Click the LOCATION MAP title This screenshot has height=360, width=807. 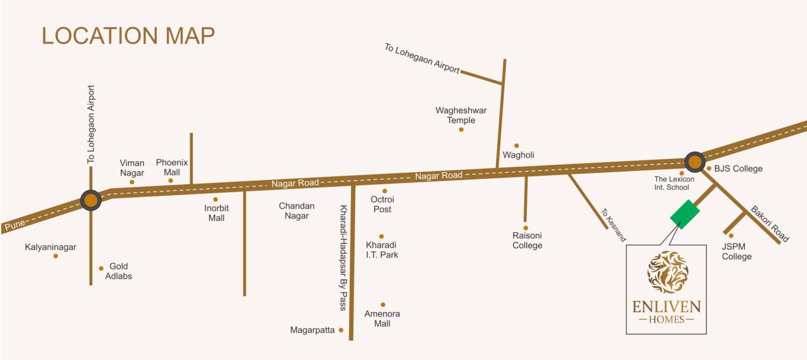tap(128, 36)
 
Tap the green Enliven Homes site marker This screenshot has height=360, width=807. tap(684, 214)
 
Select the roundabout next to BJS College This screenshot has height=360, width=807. tap(695, 161)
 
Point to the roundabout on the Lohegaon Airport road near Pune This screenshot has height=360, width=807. tap(91, 200)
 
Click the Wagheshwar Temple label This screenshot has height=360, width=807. tap(461, 115)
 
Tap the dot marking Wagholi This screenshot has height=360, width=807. tap(516, 146)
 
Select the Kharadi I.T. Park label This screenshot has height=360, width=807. tap(382, 250)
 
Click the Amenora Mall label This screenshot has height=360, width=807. tap(382, 319)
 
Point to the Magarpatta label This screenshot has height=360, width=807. tap(312, 330)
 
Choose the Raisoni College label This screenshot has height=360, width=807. tap(527, 240)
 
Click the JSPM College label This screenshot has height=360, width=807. tap(737, 251)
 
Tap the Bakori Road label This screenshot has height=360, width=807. tap(770, 224)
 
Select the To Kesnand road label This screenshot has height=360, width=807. tap(613, 225)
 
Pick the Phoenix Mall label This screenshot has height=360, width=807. tap(172, 167)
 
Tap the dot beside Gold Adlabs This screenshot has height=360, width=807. tap(101, 268)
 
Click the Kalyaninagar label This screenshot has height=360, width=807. tap(51, 247)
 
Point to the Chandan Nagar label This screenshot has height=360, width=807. tap(294, 211)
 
